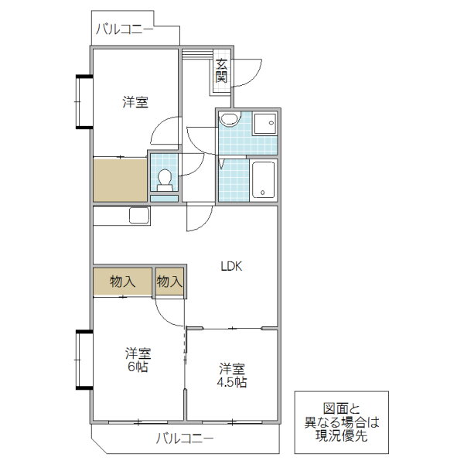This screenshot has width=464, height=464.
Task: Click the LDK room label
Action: click(x=232, y=266)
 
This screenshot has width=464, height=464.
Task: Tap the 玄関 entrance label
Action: click(x=221, y=70)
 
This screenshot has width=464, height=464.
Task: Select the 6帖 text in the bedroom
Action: click(x=138, y=367)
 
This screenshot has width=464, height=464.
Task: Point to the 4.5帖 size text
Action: click(x=232, y=382)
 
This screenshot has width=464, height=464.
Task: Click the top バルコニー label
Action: click(x=125, y=29)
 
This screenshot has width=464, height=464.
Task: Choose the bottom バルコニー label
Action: click(x=185, y=438)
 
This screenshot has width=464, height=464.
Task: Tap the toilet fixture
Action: click(x=165, y=180)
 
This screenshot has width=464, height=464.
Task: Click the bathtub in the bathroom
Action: click(x=263, y=180)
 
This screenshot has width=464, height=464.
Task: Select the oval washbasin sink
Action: click(x=230, y=120)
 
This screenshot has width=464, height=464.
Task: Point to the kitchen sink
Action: click(x=139, y=216)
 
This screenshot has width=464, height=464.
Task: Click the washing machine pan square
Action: click(x=264, y=124)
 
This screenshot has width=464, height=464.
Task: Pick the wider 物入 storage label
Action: click(x=122, y=281)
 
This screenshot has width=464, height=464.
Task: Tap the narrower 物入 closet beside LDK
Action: click(x=169, y=281)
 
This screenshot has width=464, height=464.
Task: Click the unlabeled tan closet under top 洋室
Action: click(x=120, y=180)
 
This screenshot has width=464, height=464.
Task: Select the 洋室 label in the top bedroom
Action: click(x=135, y=102)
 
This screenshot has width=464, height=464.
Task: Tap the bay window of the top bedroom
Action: click(x=84, y=102)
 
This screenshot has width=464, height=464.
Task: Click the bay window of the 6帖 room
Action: click(x=84, y=360)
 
